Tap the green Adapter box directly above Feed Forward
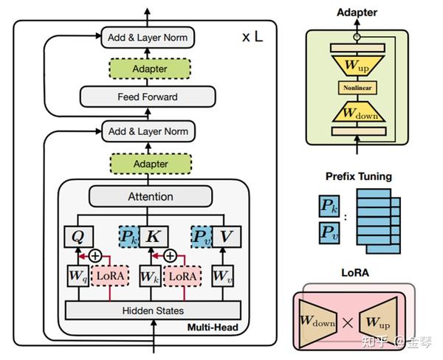149,69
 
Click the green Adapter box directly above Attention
149,163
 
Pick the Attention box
151,197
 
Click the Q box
77,237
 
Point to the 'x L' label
253,36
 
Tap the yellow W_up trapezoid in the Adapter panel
357,63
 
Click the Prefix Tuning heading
358,176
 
